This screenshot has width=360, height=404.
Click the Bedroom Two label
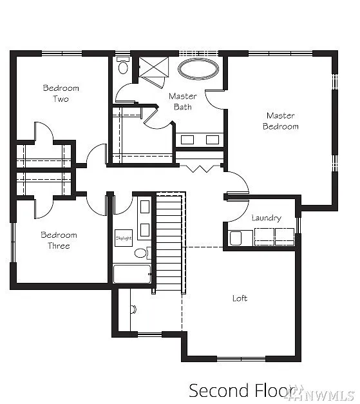(61, 93)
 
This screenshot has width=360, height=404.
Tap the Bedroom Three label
(59, 240)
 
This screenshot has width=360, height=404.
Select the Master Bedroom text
(280, 121)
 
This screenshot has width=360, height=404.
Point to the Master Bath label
(182, 101)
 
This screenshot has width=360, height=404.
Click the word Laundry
(266, 218)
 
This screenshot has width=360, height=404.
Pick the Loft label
(240, 298)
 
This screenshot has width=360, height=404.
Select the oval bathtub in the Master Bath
(198, 70)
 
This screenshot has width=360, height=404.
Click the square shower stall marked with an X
(153, 66)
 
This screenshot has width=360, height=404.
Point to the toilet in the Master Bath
(124, 66)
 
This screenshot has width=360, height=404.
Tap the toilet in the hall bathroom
(141, 253)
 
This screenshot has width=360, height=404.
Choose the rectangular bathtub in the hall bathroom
(132, 274)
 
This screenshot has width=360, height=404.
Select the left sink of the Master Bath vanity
(187, 139)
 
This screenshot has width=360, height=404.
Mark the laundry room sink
(236, 238)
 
